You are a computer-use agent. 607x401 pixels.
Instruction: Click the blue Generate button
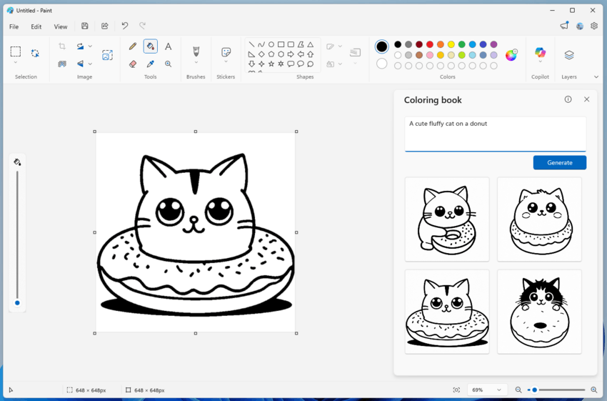pyautogui.click(x=559, y=163)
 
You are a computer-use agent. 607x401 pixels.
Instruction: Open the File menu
pyautogui.click(x=14, y=26)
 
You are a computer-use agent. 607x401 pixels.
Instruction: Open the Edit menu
pyautogui.click(x=36, y=26)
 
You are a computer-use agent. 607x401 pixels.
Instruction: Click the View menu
pyautogui.click(x=61, y=26)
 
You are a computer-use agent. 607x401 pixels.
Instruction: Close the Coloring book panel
pyautogui.click(x=586, y=99)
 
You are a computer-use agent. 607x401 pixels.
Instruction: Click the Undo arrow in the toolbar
pyautogui.click(x=125, y=26)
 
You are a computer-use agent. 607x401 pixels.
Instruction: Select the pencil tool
pyautogui.click(x=133, y=46)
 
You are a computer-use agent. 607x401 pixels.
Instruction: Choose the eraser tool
pyautogui.click(x=133, y=64)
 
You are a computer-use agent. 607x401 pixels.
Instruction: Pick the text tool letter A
pyautogui.click(x=168, y=46)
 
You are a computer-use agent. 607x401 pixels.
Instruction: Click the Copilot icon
pyautogui.click(x=540, y=54)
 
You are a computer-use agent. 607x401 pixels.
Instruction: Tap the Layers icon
pyautogui.click(x=569, y=55)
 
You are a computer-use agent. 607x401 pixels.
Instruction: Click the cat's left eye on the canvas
pyautogui.click(x=170, y=210)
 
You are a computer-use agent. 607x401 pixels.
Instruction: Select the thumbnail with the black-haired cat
pyautogui.click(x=539, y=312)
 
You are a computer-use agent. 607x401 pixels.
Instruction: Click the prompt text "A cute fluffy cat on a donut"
pyautogui.click(x=448, y=124)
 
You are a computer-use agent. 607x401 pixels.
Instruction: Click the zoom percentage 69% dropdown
pyautogui.click(x=486, y=390)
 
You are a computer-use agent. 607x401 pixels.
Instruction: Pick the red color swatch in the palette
pyautogui.click(x=430, y=44)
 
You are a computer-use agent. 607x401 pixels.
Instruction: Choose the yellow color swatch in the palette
pyautogui.click(x=451, y=44)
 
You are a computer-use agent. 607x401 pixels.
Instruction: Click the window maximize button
pyautogui.click(x=572, y=11)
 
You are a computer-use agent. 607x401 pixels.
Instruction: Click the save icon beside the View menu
pyautogui.click(x=85, y=26)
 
